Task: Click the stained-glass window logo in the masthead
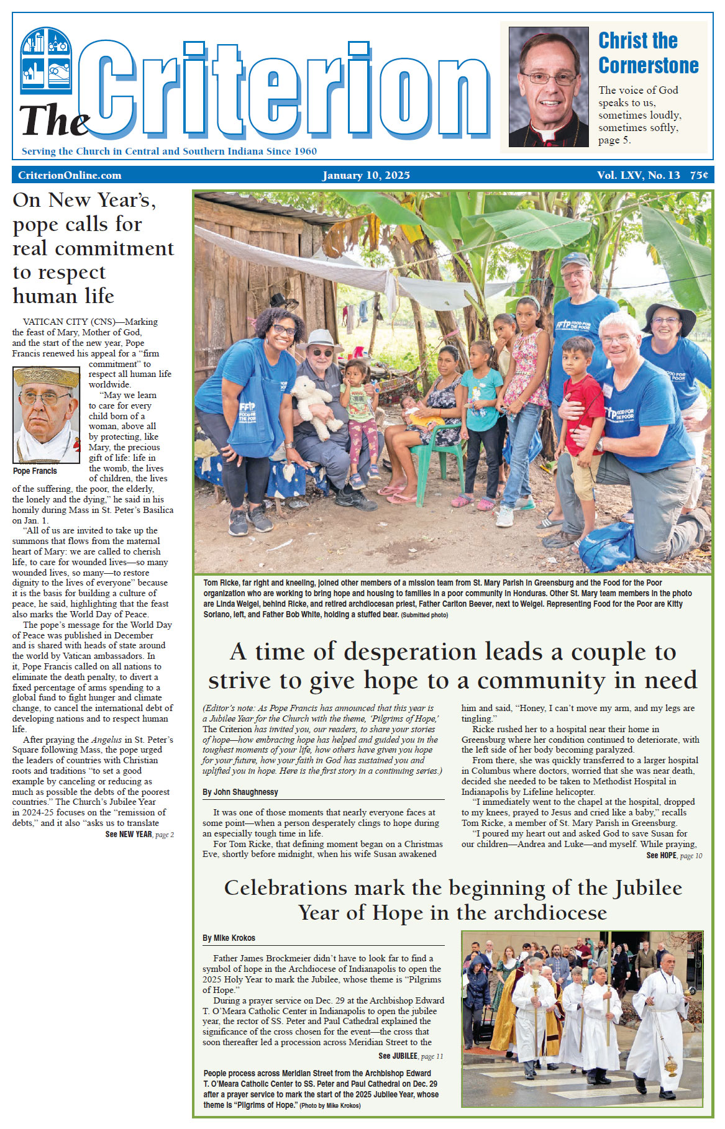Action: pos(46,60)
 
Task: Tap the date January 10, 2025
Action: pos(366,175)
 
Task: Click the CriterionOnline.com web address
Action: pos(70,175)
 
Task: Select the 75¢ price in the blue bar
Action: pos(699,175)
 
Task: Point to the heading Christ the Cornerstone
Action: pos(648,53)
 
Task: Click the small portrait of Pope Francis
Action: pos(47,415)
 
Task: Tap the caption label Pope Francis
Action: pos(35,471)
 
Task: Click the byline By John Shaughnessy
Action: pos(240,792)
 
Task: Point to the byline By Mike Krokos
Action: pos(229,938)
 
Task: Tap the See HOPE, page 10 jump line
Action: pos(674,855)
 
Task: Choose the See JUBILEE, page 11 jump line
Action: pos(411,1056)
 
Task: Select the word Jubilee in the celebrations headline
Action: pos(649,888)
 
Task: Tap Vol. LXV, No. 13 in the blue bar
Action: pos(638,175)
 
